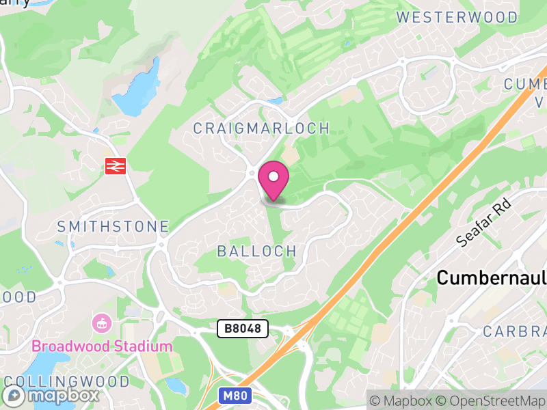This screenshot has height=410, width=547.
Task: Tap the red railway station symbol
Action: click(115, 165)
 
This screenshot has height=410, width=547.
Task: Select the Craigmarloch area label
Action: click(261, 128)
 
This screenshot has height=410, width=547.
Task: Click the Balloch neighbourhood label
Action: click(257, 251)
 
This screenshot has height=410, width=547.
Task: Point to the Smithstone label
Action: click(113, 226)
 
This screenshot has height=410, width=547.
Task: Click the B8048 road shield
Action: click(243, 329)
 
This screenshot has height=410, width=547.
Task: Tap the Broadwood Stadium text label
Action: click(101, 346)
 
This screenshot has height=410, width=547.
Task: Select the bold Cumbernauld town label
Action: click(491, 278)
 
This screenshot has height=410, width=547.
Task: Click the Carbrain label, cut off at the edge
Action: click(514, 332)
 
